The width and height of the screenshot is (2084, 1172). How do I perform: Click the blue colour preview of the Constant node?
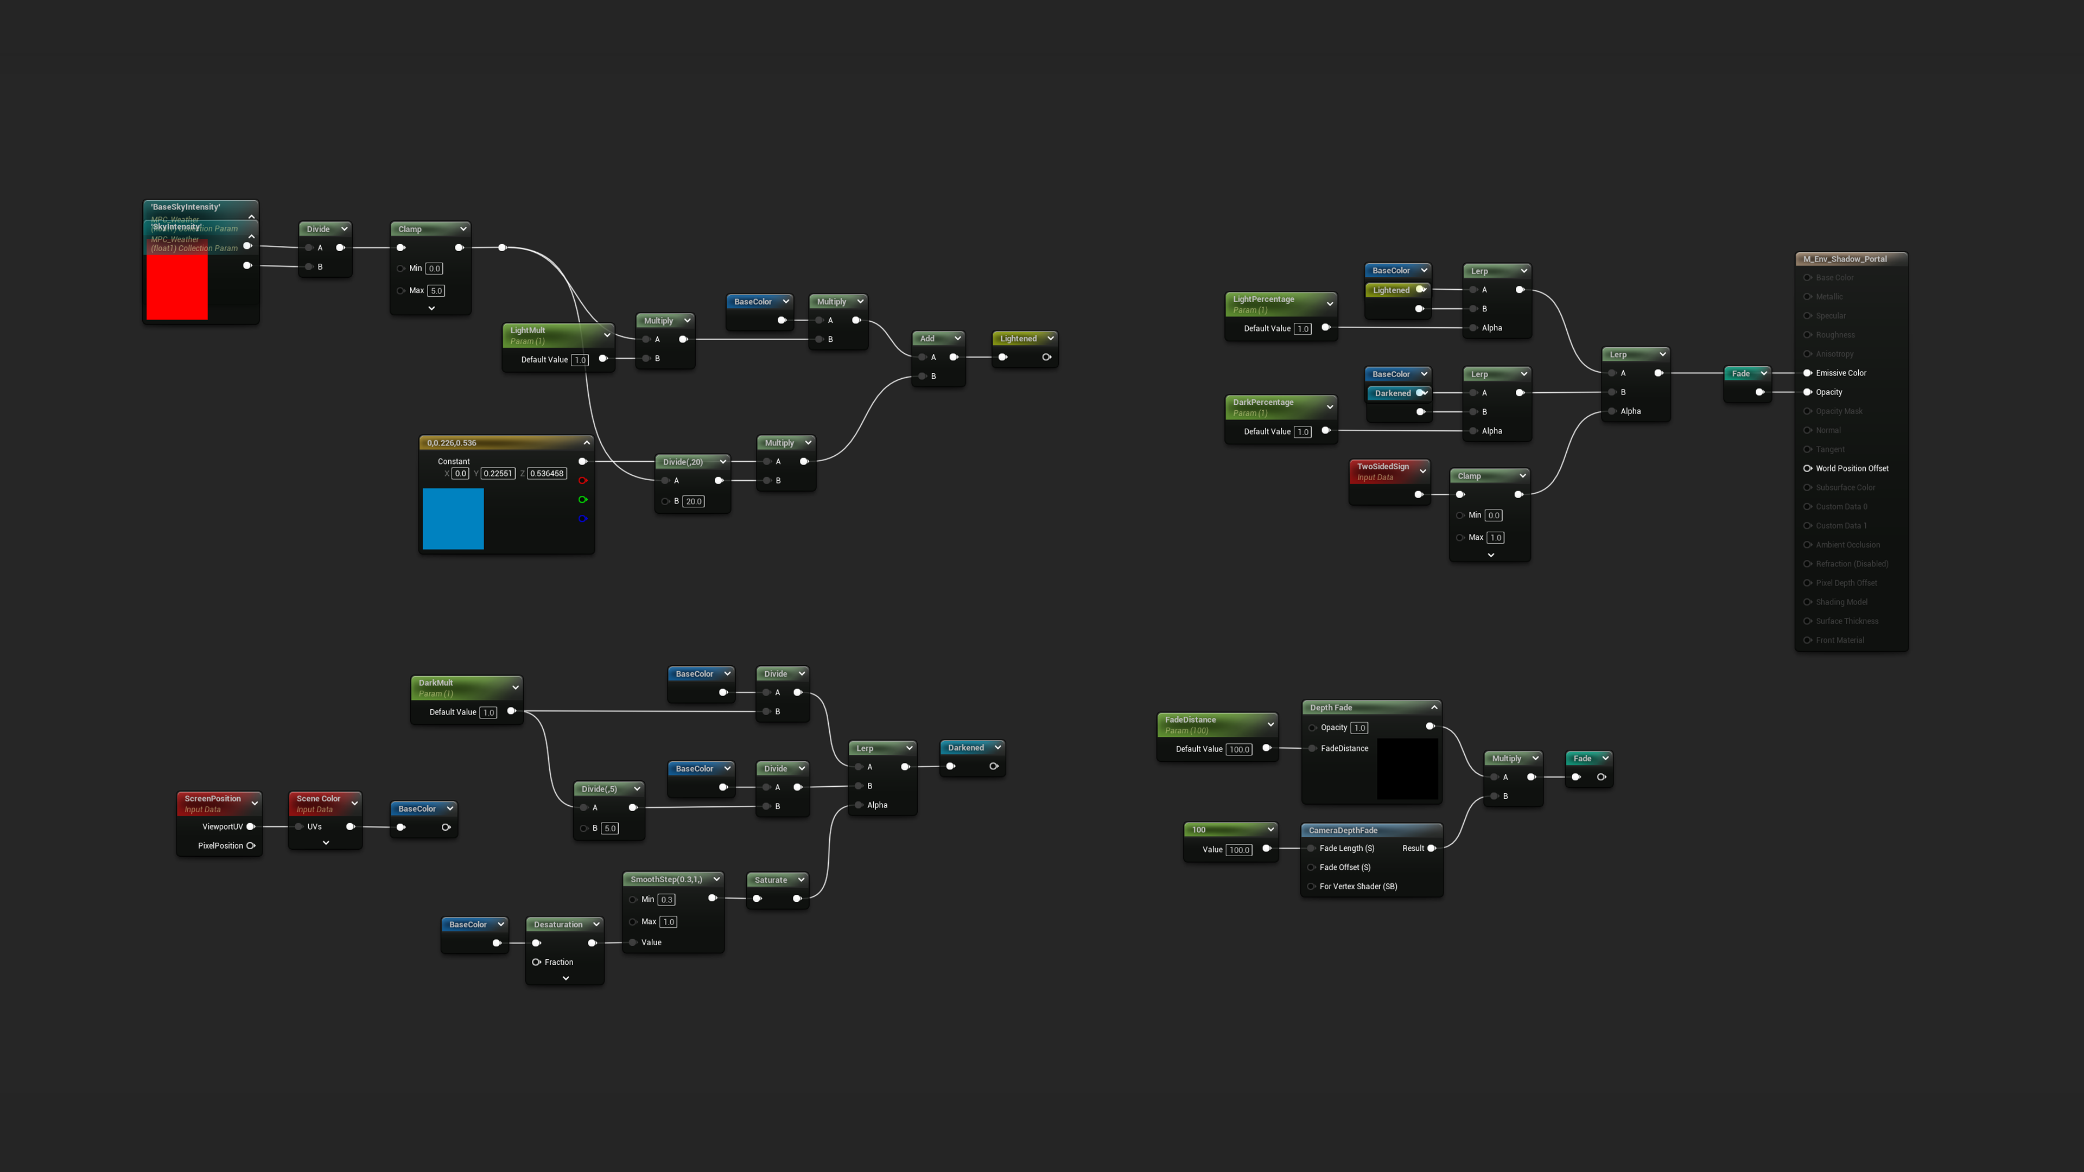pyautogui.click(x=453, y=519)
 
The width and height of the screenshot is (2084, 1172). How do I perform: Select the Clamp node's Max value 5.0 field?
pyautogui.click(x=436, y=290)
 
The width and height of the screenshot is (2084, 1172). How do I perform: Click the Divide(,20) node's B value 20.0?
pyautogui.click(x=694, y=501)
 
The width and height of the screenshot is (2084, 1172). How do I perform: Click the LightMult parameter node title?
pyautogui.click(x=528, y=330)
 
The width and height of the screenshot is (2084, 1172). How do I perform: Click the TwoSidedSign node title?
pyautogui.click(x=1383, y=467)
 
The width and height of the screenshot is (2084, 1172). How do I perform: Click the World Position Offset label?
pyautogui.click(x=1852, y=468)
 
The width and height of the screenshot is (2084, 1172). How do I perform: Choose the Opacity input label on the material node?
pyautogui.click(x=1828, y=392)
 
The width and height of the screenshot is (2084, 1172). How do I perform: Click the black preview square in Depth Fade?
pyautogui.click(x=1408, y=768)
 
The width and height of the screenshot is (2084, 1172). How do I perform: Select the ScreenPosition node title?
pyautogui.click(x=213, y=798)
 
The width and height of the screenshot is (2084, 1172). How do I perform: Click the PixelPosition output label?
pyautogui.click(x=220, y=846)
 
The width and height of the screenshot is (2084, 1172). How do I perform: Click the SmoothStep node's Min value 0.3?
pyautogui.click(x=666, y=900)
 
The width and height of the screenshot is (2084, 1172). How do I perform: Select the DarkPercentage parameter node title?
pyautogui.click(x=1263, y=402)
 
